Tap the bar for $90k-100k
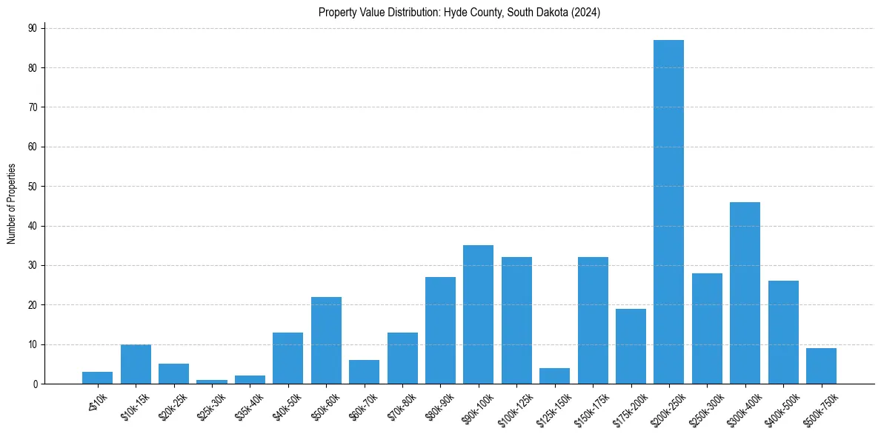[478, 314]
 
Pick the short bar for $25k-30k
[211, 381]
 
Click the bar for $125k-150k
[554, 376]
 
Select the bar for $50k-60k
[326, 340]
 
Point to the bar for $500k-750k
[821, 366]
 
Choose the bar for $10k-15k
[136, 364]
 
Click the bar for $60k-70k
[364, 372]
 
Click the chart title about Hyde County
[459, 13]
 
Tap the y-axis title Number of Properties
[12, 204]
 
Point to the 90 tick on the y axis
[32, 28]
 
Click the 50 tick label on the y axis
[32, 187]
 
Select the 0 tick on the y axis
[34, 384]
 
